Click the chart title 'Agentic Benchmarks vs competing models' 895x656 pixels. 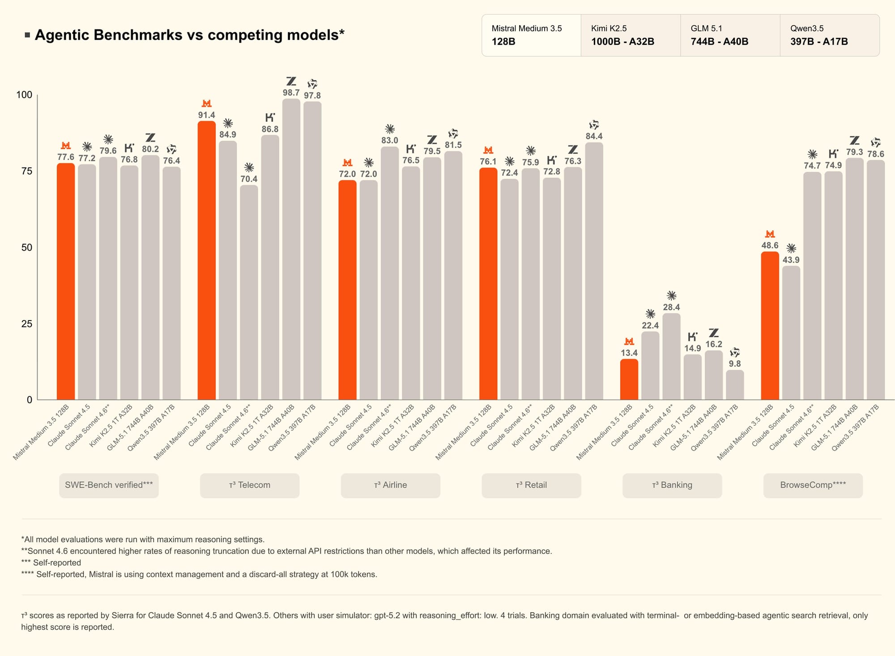[189, 35]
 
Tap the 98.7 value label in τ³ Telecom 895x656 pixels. [291, 93]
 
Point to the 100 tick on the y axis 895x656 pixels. [24, 95]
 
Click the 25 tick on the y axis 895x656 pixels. [27, 324]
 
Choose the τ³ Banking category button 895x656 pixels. [672, 485]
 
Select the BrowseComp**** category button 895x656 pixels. [813, 485]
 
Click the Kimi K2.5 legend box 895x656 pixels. [631, 35]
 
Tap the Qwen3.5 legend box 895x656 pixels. [829, 35]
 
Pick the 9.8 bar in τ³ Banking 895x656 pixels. [735, 385]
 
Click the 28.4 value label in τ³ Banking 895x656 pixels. [671, 307]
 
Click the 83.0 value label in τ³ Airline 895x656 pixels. [389, 141]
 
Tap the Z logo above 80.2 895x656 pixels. [150, 137]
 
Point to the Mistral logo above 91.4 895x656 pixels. [206, 104]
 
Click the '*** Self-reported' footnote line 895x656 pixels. [51, 563]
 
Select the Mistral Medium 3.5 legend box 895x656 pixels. [531, 35]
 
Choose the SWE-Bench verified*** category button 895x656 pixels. [109, 485]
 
